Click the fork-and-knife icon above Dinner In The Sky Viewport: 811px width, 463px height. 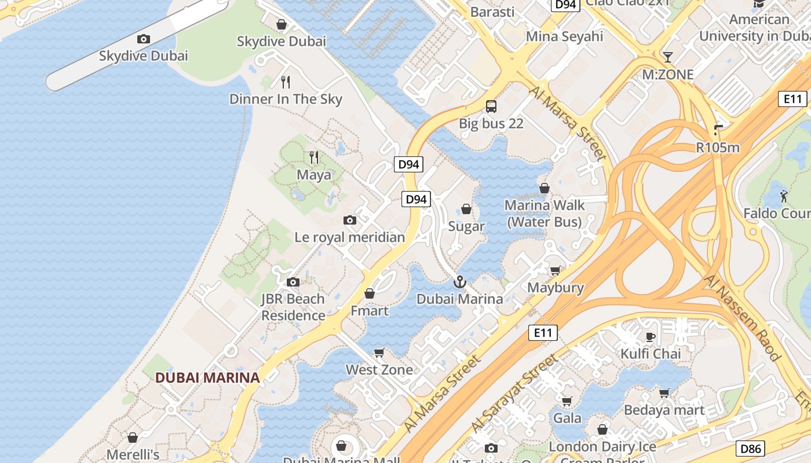(x=285, y=82)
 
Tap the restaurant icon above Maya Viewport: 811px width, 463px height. (x=314, y=157)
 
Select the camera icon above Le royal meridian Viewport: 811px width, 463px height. (x=350, y=220)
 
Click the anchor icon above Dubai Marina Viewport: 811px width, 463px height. (x=459, y=282)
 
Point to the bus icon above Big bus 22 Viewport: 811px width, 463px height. (x=491, y=106)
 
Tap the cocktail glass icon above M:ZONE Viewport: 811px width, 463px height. (x=668, y=57)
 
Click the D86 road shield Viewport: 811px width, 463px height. (x=751, y=448)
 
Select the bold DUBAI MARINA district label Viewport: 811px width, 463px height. (x=207, y=378)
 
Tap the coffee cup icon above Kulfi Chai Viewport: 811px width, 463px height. (x=651, y=337)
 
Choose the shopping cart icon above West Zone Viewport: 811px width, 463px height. (x=379, y=352)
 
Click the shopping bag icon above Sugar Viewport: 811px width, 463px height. (x=466, y=209)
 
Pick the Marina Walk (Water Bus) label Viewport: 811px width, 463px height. (x=545, y=214)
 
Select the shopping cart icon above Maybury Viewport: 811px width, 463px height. (x=555, y=270)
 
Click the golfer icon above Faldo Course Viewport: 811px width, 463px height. (x=784, y=196)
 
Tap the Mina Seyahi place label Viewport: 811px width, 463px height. (x=564, y=36)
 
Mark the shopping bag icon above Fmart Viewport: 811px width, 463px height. (x=370, y=293)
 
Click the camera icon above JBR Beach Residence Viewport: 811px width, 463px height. (x=293, y=282)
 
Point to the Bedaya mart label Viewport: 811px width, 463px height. (x=664, y=410)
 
